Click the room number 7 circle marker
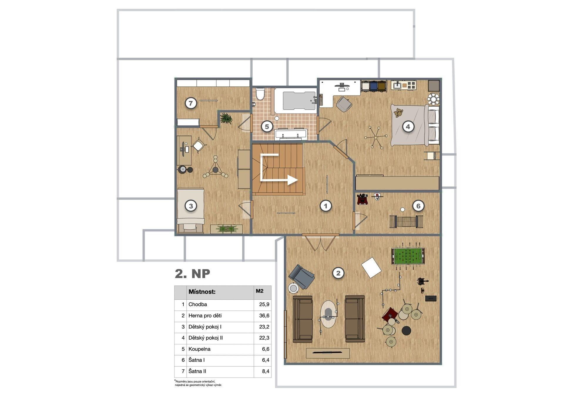click(x=191, y=103)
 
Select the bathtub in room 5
click(x=296, y=101)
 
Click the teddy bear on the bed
click(x=398, y=113)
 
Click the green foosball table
click(x=408, y=256)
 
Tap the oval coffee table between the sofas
click(x=328, y=314)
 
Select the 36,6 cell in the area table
click(x=264, y=316)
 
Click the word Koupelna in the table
click(x=199, y=349)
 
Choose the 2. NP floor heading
click(x=192, y=273)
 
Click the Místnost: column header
click(x=202, y=292)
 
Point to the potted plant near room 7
click(x=226, y=118)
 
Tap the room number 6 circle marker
click(x=418, y=206)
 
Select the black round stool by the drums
click(x=406, y=330)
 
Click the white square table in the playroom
click(x=371, y=268)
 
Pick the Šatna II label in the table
click(x=197, y=371)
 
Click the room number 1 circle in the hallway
click(x=325, y=206)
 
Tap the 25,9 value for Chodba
click(x=264, y=305)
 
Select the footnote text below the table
click(x=198, y=383)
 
